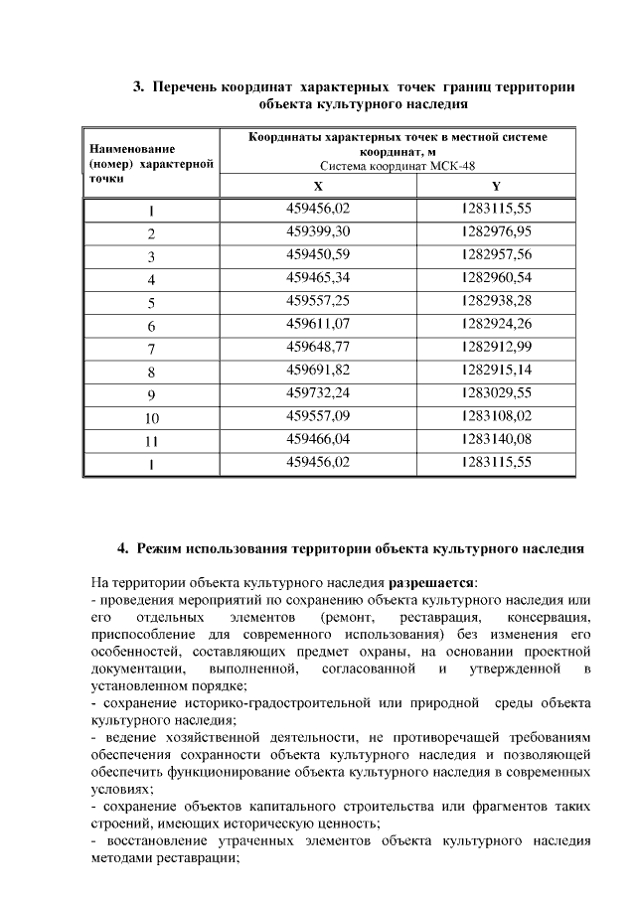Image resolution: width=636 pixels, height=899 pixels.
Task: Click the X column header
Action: [x=318, y=187]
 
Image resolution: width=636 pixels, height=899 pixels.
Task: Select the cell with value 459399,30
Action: [x=318, y=231]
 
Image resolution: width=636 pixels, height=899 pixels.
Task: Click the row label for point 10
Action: [x=152, y=418]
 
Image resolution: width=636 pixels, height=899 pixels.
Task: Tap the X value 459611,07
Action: [x=318, y=324]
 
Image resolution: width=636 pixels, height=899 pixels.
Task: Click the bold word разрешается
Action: [x=431, y=581]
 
